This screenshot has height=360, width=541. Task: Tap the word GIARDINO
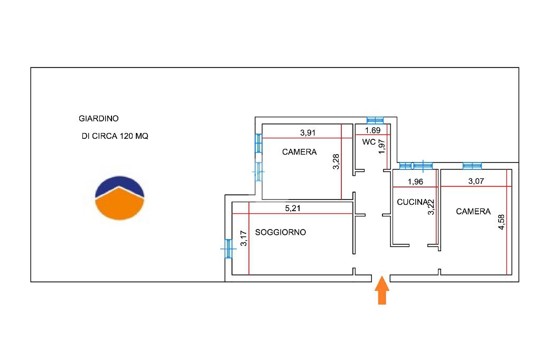99,119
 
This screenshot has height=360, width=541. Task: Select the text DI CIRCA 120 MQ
115,136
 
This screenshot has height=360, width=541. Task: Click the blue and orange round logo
119,198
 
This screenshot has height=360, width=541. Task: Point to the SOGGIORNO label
281,232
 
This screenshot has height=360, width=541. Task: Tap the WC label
369,142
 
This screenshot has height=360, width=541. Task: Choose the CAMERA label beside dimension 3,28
299,152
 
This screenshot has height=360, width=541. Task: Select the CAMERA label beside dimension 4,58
473,212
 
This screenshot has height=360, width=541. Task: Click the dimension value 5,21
293,208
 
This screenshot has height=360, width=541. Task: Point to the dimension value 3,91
307,133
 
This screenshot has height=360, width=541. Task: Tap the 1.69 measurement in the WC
372,130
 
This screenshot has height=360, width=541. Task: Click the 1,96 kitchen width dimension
415,182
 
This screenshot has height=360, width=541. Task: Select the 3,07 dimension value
476,182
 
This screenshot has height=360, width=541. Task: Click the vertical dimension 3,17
244,239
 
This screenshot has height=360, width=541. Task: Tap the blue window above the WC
375,120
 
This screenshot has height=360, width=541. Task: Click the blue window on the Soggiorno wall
228,249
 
